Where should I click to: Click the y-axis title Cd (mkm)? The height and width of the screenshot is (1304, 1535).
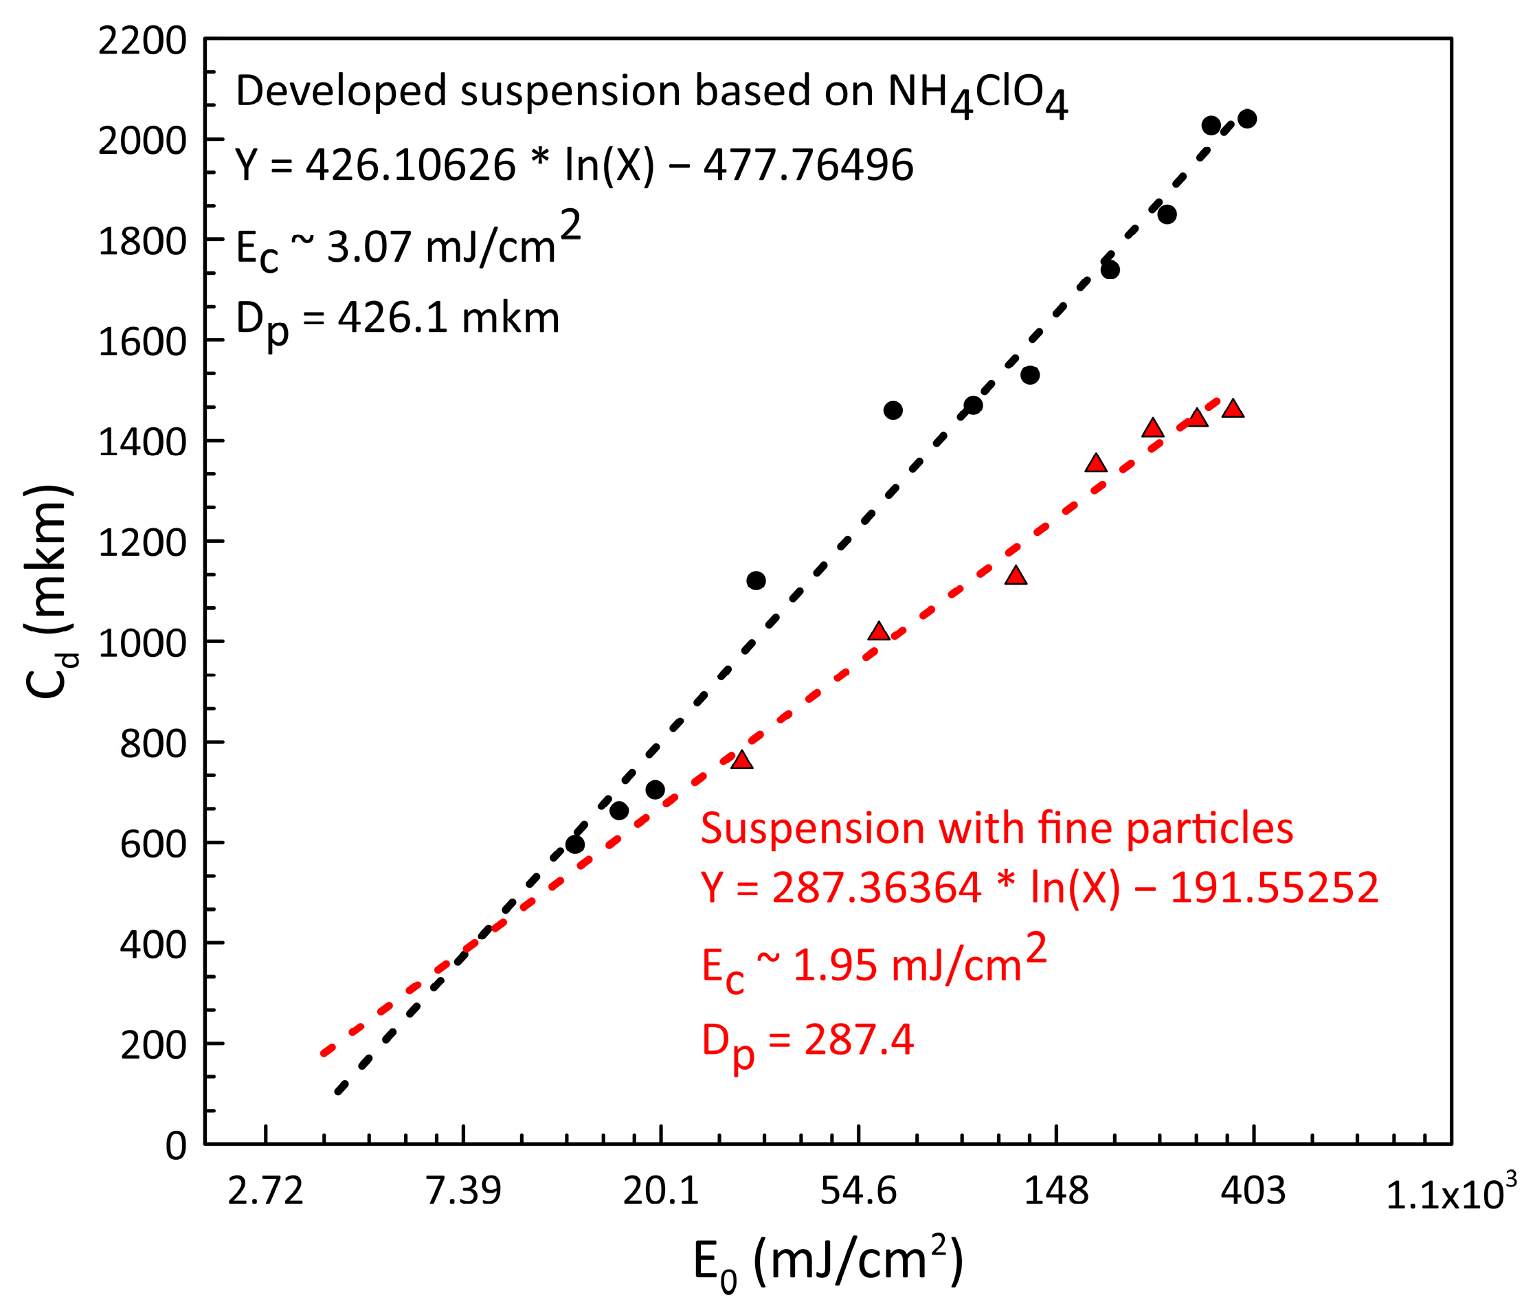point(49,592)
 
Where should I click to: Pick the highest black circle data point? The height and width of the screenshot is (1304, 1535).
point(1246,118)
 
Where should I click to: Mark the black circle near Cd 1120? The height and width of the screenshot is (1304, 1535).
point(756,581)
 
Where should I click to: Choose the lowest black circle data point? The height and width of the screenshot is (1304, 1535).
point(574,844)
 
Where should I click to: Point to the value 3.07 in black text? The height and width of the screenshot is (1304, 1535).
point(368,246)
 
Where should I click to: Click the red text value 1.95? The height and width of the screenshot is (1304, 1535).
point(834,965)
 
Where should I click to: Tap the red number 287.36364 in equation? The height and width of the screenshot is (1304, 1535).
point(876,887)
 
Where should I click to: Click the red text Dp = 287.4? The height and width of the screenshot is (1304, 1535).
point(807,1041)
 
